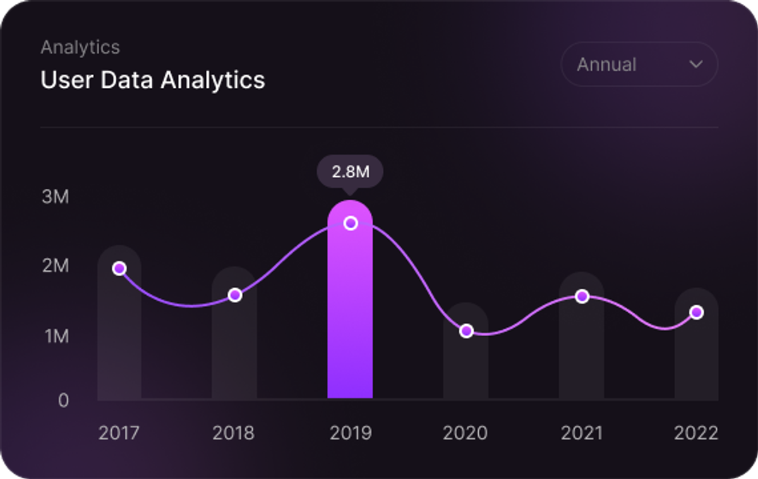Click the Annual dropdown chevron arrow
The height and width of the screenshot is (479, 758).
696,64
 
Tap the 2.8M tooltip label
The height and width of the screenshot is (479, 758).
350,172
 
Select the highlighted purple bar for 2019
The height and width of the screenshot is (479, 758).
350,300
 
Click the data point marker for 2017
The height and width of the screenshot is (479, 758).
119,269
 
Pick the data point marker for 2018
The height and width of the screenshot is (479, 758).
235,295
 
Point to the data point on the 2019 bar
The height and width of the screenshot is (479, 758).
351,224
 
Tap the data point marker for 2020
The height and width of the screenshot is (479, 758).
466,330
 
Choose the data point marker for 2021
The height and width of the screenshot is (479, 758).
582,296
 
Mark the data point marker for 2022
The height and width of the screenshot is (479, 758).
697,312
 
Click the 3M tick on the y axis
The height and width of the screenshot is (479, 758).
56,197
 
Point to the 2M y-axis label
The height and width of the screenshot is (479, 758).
56,265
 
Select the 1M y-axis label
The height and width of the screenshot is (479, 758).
57,336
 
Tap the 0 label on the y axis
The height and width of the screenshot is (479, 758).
63,401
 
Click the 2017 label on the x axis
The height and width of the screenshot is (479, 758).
119,433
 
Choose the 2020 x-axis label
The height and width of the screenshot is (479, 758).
466,433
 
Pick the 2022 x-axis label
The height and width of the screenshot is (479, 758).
696,433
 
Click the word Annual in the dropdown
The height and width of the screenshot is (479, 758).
607,64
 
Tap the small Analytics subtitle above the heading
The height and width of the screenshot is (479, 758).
80,47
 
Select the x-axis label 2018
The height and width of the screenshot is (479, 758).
234,433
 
